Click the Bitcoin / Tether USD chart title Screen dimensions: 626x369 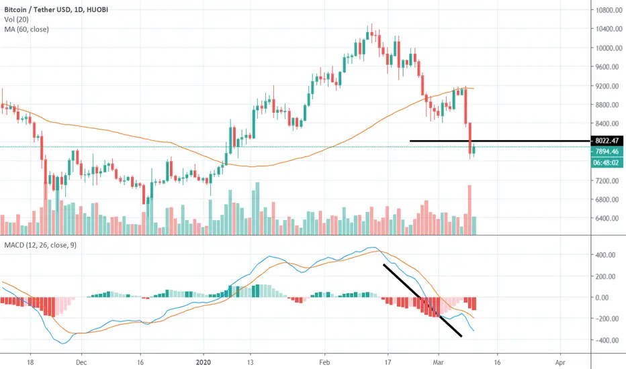(x=56, y=9)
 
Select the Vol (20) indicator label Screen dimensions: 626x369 (x=16, y=19)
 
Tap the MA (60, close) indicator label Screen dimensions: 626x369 (x=26, y=29)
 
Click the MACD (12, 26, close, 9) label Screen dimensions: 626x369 (x=40, y=245)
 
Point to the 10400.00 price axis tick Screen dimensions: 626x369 (x=609, y=29)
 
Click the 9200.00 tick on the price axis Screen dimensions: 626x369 (x=609, y=86)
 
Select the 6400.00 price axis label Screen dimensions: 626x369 (x=609, y=218)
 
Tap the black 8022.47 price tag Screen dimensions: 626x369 (x=607, y=141)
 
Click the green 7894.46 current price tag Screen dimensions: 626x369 (x=607, y=152)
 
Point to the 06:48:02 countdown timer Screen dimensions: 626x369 (x=607, y=163)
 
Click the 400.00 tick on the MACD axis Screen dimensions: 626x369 (x=605, y=255)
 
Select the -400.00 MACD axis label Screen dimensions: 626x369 (x=604, y=340)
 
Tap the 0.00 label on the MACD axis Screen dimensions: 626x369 (x=608, y=298)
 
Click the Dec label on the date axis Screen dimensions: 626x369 (x=81, y=362)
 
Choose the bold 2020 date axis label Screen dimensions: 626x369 (x=204, y=362)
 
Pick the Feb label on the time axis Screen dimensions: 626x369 (x=324, y=362)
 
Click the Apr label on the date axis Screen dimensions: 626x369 (x=560, y=362)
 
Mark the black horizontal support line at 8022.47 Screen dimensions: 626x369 (x=500, y=141)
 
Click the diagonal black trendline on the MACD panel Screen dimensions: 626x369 (x=422, y=301)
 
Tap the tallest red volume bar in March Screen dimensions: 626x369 (x=470, y=210)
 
